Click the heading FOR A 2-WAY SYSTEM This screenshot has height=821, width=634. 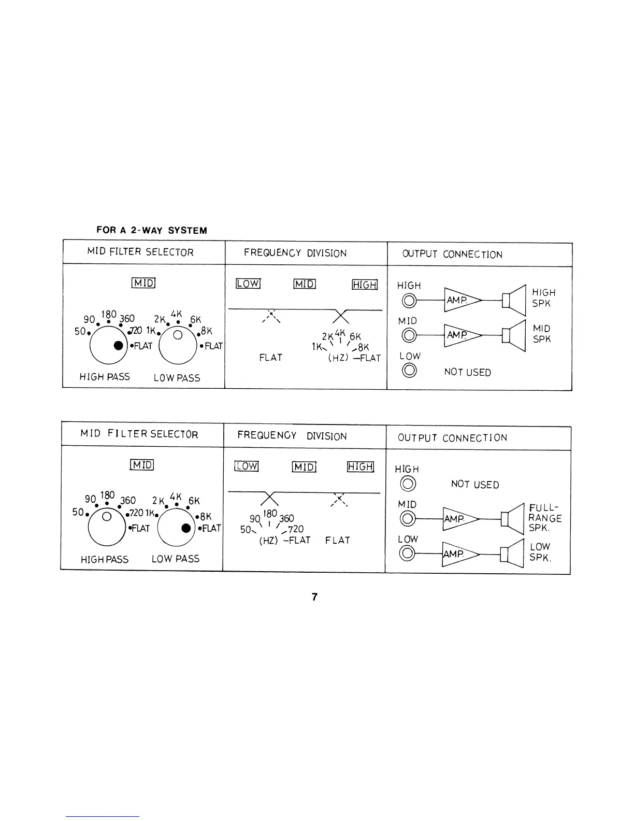point(152,231)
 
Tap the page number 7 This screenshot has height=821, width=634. point(314,597)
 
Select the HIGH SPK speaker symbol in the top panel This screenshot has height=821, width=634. point(514,300)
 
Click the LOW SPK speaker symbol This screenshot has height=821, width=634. point(513,554)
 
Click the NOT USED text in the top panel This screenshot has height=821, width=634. point(467,373)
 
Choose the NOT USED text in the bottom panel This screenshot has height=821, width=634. point(475,485)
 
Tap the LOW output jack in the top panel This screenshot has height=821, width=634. point(410,370)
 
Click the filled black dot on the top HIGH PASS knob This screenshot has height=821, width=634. point(119,345)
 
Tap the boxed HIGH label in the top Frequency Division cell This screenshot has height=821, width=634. point(365,285)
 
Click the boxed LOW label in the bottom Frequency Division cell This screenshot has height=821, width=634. point(246,466)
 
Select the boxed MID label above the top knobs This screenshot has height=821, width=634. point(143,283)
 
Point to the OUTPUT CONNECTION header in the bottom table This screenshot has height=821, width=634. point(452,438)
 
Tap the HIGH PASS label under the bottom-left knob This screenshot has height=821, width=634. point(105,560)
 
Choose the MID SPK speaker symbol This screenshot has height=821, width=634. point(514,335)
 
